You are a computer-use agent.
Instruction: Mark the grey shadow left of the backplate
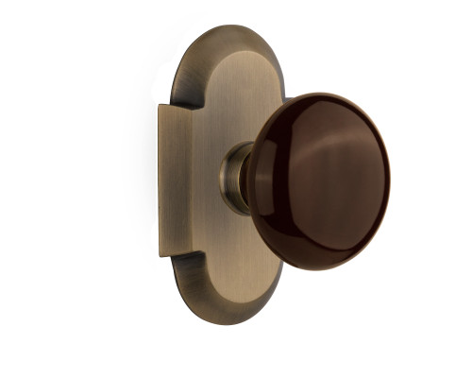click(142, 180)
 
